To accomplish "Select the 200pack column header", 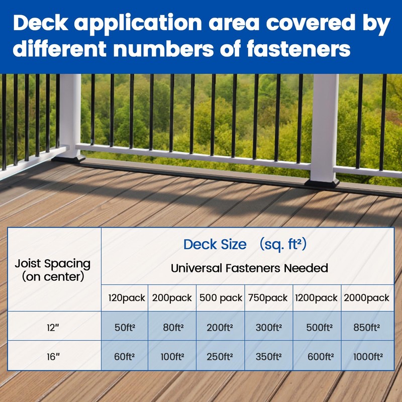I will pyautogui.click(x=172, y=298).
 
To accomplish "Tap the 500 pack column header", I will pyautogui.click(x=221, y=298).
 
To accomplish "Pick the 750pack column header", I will pyautogui.click(x=268, y=298).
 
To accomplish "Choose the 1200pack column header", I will pyautogui.click(x=317, y=298).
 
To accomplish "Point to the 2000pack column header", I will pyautogui.click(x=366, y=298).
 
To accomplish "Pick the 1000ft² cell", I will pyautogui.click(x=366, y=356).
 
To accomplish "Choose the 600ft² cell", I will pyautogui.click(x=321, y=356).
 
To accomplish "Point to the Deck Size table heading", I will pyautogui.click(x=245, y=245).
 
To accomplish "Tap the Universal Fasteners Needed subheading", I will pyautogui.click(x=249, y=268).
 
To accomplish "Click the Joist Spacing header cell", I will pyautogui.click(x=53, y=269).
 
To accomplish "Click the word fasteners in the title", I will pyautogui.click(x=294, y=50).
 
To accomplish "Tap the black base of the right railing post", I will pyautogui.click(x=322, y=182).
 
